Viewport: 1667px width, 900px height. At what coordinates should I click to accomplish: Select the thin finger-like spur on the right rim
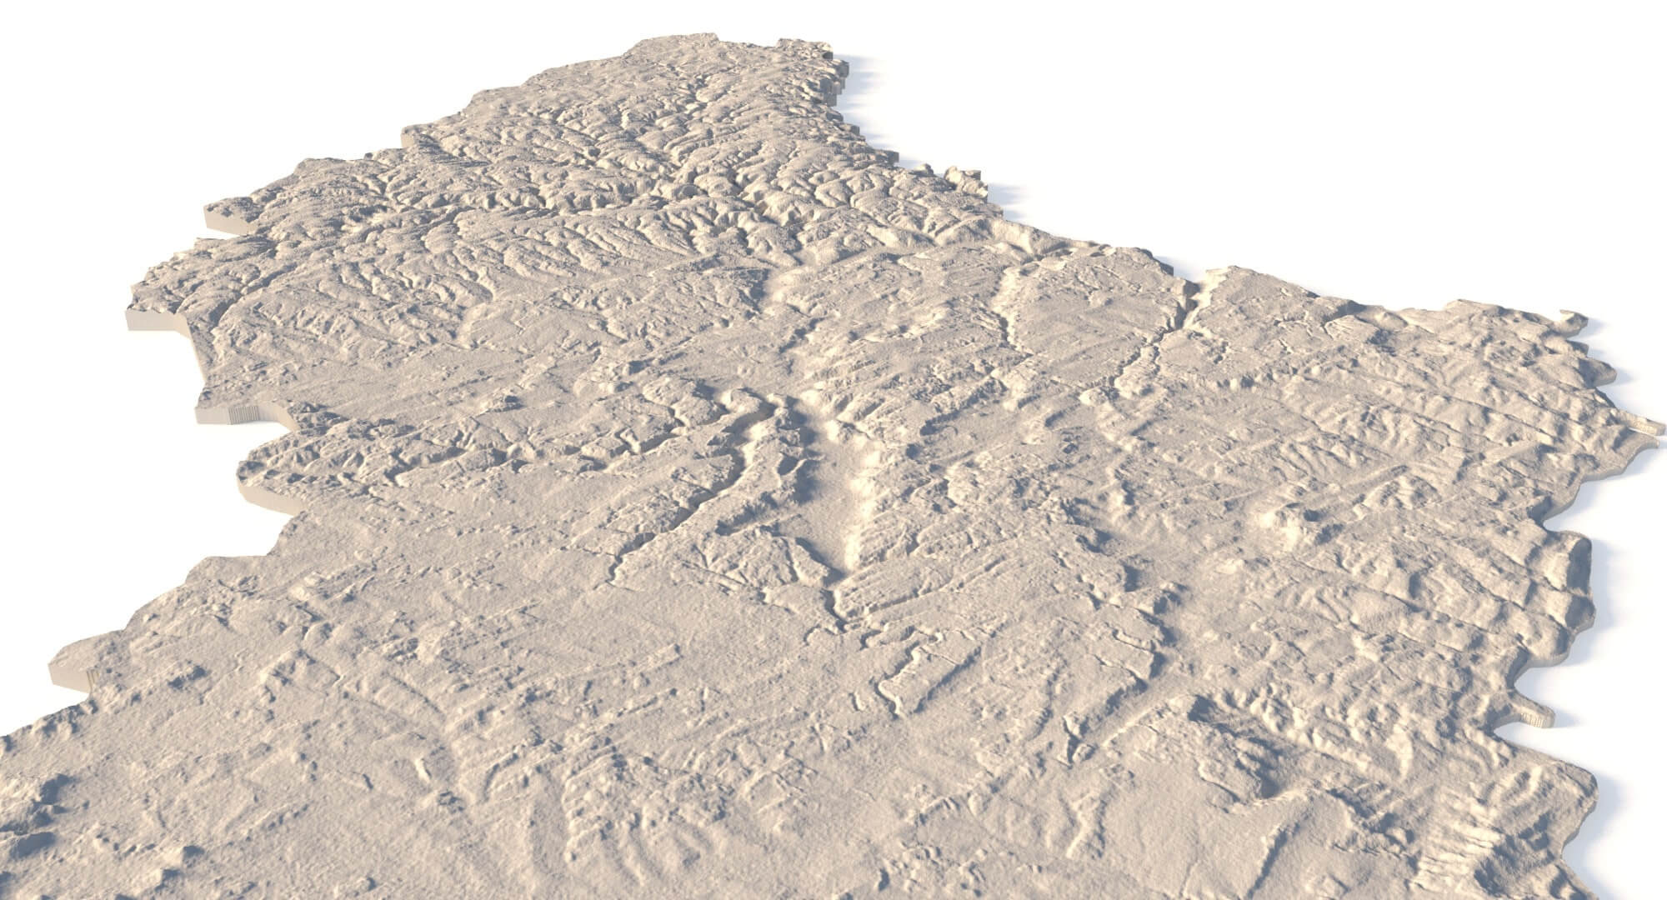pos(1534,715)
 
